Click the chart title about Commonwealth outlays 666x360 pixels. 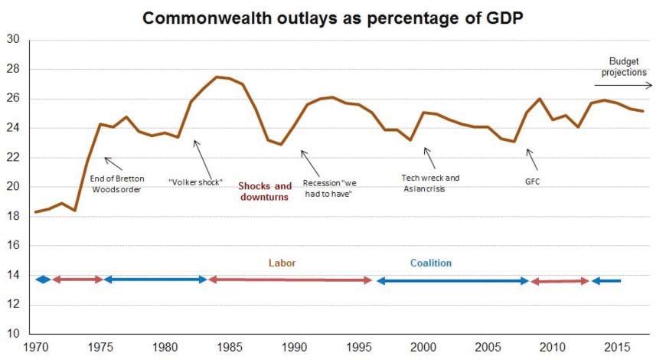click(332, 18)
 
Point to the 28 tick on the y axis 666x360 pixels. click(13, 69)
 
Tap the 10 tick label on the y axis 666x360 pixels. click(13, 333)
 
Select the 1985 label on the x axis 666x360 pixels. click(230, 347)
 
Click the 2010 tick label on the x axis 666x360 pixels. click(552, 347)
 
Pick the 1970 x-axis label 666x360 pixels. click(36, 347)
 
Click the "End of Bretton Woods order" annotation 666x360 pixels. click(117, 184)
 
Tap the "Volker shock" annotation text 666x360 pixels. click(195, 182)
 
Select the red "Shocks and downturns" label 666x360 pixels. click(265, 191)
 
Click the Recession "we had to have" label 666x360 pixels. click(329, 188)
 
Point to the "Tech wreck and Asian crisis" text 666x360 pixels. click(430, 183)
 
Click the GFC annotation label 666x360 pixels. click(532, 182)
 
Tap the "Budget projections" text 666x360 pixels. click(624, 67)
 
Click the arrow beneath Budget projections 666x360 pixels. click(623, 86)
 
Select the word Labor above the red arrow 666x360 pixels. click(282, 263)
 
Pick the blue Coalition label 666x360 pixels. click(431, 263)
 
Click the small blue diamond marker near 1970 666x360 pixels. click(43, 280)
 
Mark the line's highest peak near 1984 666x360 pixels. click(217, 77)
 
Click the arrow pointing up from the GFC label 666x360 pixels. click(532, 160)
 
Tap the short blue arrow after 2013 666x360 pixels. click(606, 281)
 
